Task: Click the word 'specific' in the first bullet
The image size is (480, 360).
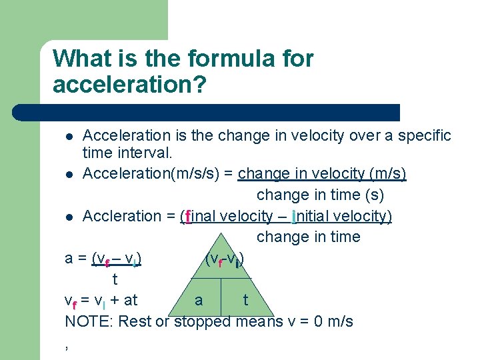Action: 425,136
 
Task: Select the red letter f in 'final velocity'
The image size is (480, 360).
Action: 189,217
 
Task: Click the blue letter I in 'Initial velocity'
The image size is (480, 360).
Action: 294,217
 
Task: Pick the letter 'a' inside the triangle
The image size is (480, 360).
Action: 199,301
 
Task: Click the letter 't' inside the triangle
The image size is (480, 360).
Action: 245,301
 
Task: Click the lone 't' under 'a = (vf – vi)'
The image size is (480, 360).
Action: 115,279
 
